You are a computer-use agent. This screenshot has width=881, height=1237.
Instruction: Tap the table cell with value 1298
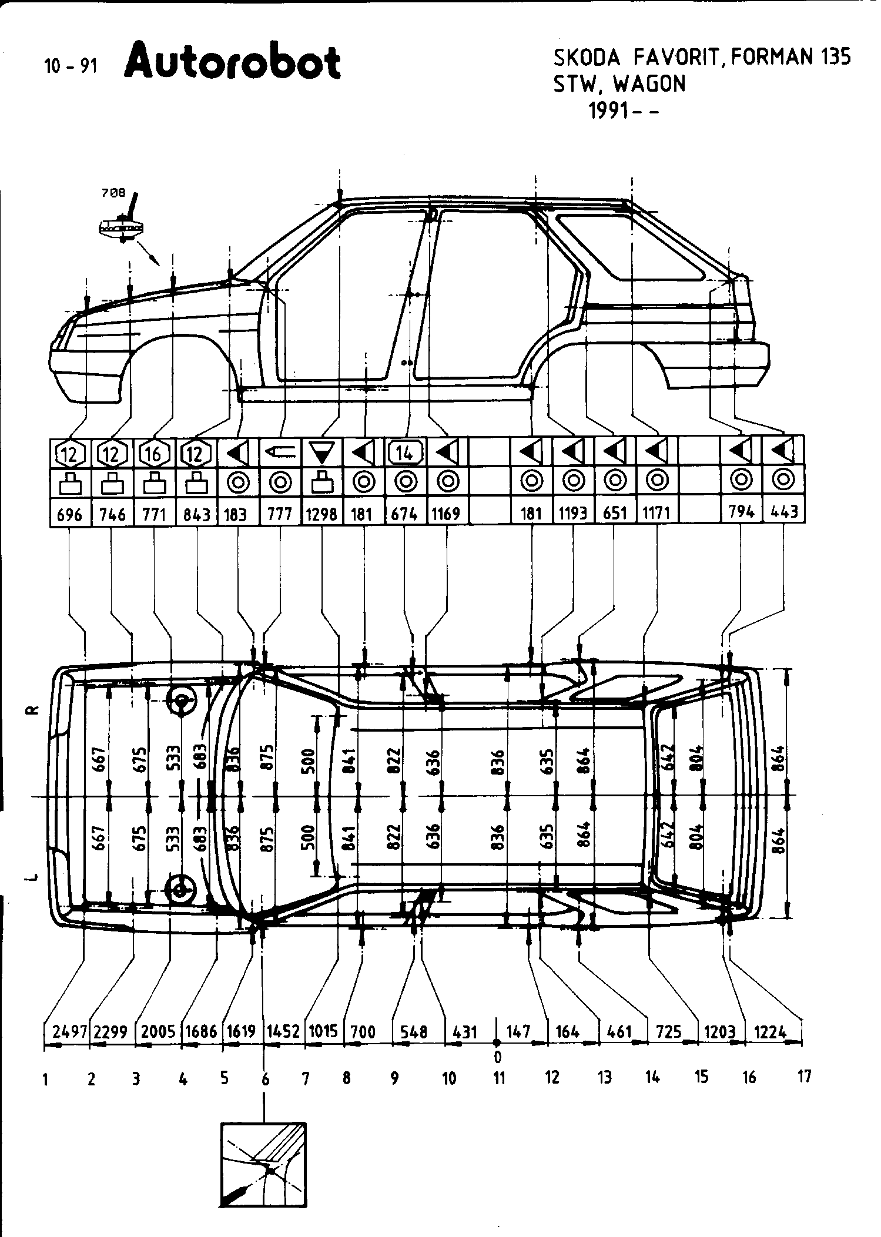point(322,514)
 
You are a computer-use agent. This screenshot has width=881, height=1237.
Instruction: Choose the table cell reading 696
point(69,515)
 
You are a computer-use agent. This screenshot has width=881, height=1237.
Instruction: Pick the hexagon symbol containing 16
point(154,454)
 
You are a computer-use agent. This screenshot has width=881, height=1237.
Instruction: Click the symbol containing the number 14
point(405,453)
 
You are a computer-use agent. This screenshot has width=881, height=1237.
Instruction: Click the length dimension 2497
point(70,1032)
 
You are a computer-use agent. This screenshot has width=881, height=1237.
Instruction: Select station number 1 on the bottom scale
point(45,1080)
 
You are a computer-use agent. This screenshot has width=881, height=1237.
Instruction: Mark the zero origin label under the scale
point(497,1058)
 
